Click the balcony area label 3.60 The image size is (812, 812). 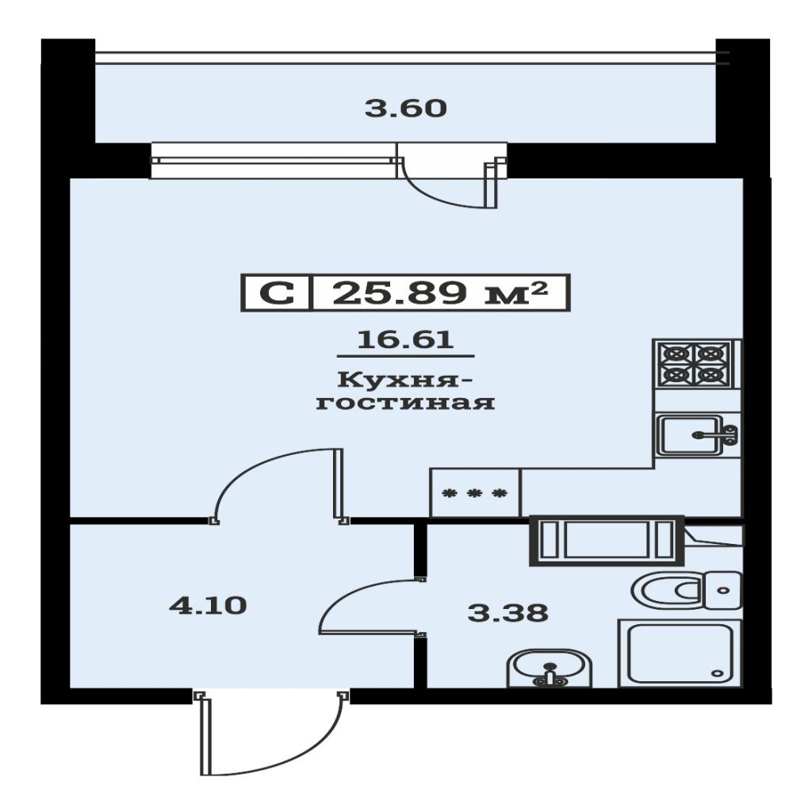405,109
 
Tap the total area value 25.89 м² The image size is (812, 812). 439,293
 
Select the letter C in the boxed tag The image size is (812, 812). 277,293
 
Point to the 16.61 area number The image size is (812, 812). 405,339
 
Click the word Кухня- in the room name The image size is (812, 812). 405,380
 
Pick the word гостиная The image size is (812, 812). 405,402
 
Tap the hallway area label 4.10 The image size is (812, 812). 208,605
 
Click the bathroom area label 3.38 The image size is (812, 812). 507,613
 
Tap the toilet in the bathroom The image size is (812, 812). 687,590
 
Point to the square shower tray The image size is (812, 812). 680,653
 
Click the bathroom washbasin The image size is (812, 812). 550,668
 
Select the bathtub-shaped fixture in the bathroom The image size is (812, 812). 607,541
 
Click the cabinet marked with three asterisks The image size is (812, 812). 475,492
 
